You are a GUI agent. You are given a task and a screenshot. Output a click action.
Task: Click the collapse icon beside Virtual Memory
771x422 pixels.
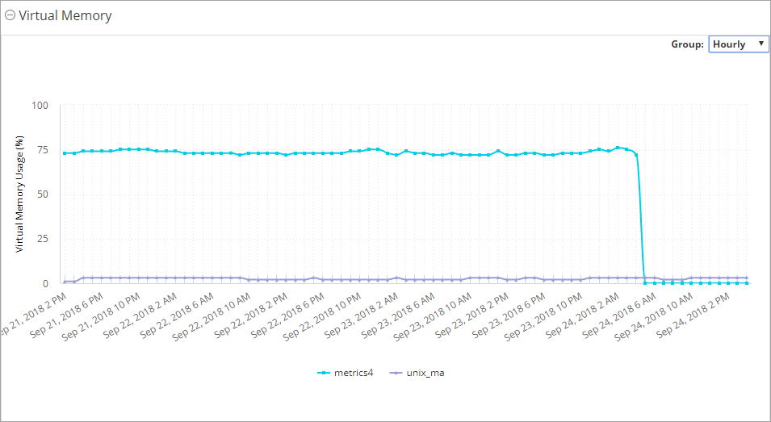click(x=10, y=15)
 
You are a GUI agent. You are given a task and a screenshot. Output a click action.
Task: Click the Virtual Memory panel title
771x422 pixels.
click(x=65, y=15)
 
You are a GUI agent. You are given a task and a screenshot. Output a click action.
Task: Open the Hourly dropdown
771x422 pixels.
click(x=738, y=44)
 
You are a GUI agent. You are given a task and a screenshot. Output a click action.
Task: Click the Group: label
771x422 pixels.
click(x=687, y=44)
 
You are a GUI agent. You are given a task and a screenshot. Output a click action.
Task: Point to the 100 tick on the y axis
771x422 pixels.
click(x=40, y=105)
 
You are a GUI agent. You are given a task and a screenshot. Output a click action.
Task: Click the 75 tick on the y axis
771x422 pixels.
click(x=42, y=149)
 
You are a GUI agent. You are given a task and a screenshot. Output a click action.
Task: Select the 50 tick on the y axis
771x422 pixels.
click(x=42, y=194)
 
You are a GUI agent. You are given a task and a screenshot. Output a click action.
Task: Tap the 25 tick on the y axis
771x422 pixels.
click(x=42, y=239)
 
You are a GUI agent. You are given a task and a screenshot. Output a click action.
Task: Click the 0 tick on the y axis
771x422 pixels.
click(x=45, y=283)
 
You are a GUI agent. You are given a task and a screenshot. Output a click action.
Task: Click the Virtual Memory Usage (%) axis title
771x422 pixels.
click(x=19, y=194)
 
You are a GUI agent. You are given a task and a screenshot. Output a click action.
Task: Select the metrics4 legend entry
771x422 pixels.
click(x=344, y=373)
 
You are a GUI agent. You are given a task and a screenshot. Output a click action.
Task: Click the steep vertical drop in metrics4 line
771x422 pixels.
click(x=640, y=218)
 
